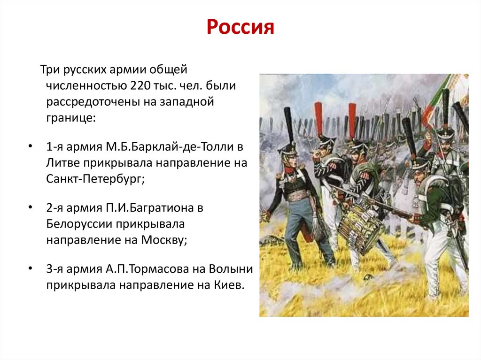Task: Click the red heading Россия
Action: click(240, 28)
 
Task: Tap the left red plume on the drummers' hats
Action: click(319, 117)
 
